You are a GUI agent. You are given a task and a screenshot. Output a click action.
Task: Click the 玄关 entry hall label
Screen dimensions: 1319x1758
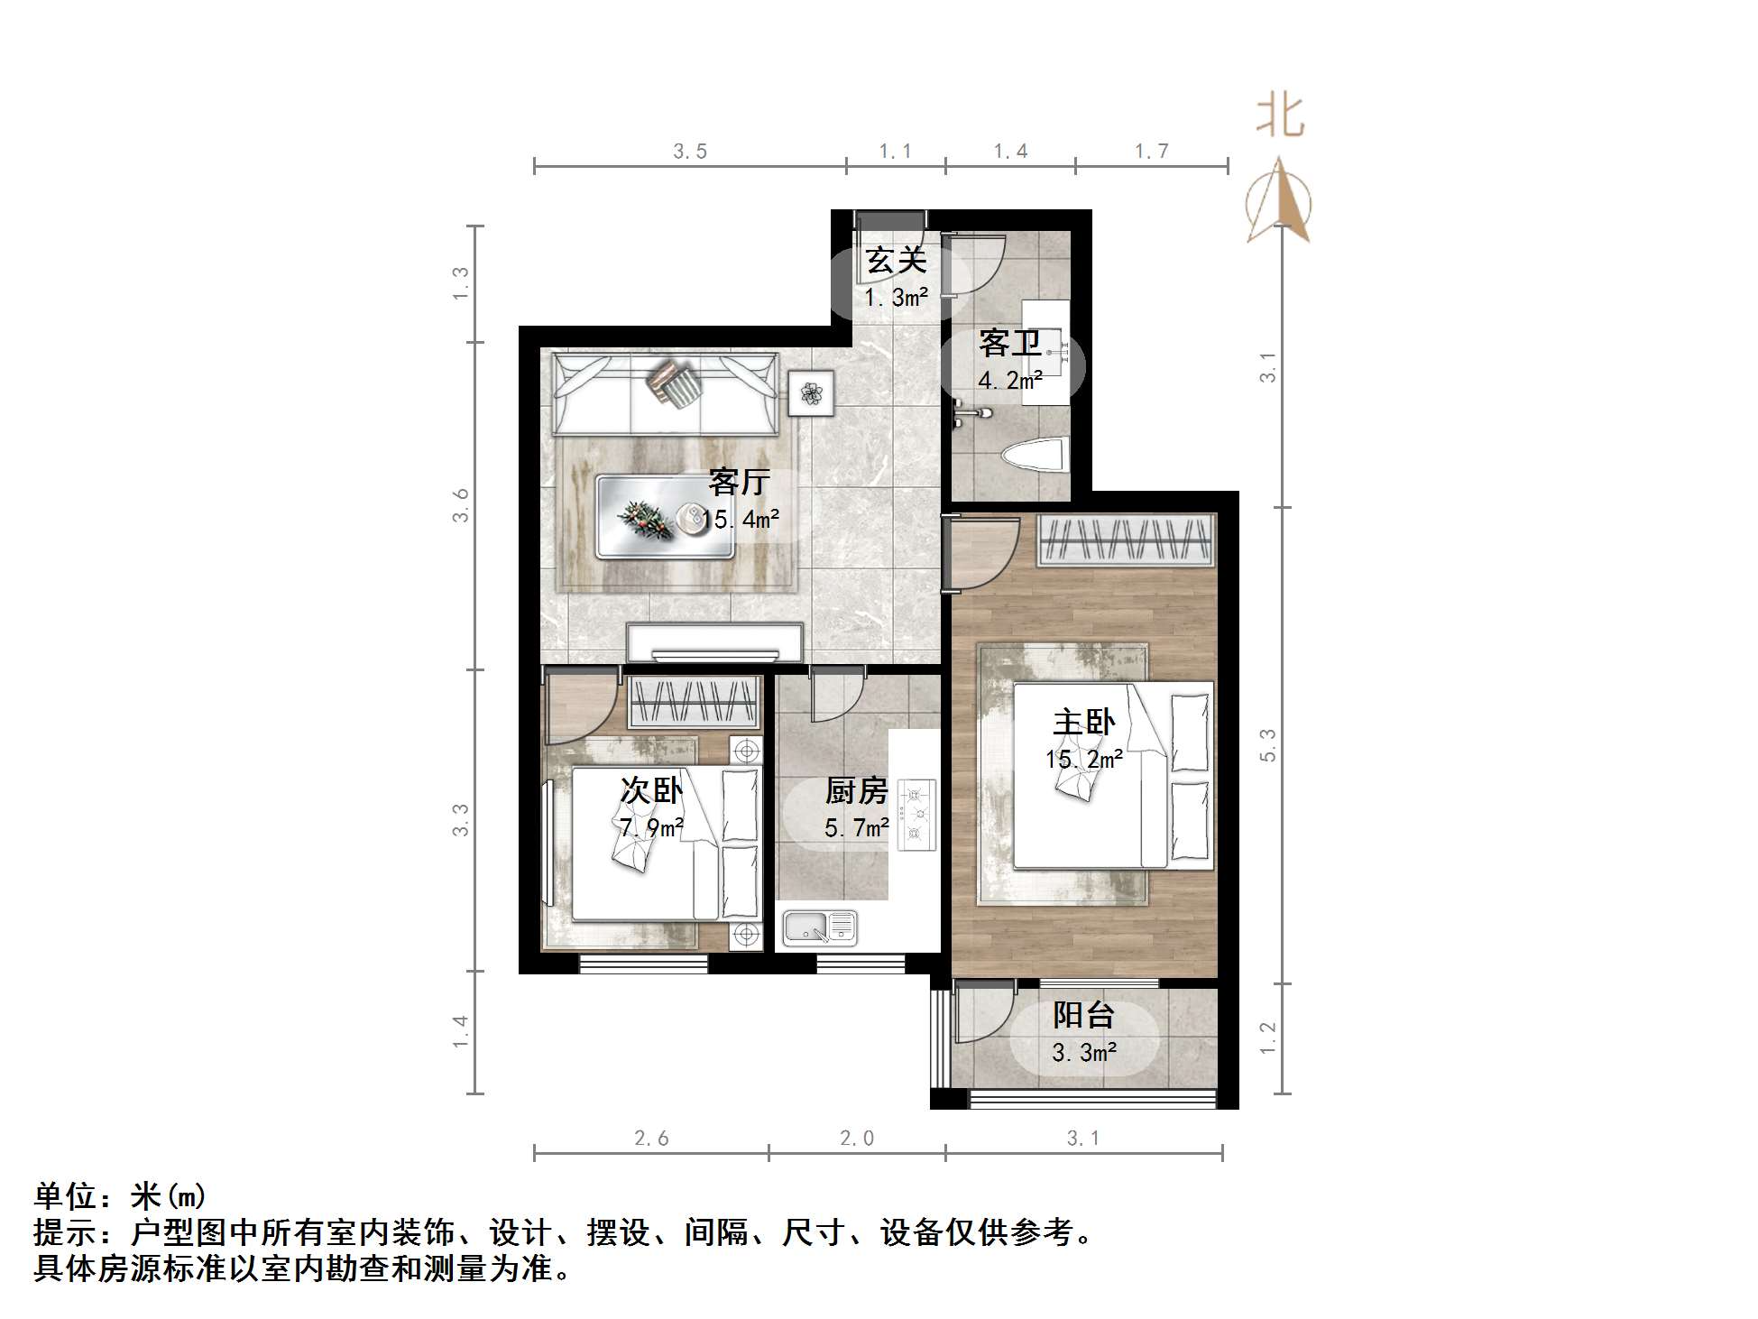tap(896, 261)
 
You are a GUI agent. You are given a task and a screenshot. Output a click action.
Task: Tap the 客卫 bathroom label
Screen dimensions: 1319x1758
tap(1009, 344)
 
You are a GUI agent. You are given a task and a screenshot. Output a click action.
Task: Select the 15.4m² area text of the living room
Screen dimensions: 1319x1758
tap(741, 520)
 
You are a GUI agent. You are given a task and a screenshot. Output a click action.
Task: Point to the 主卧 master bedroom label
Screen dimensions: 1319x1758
tap(1083, 723)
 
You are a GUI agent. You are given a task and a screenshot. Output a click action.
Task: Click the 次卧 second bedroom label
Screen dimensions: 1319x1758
tap(650, 790)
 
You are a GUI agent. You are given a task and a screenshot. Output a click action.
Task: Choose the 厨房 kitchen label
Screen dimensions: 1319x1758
tap(856, 791)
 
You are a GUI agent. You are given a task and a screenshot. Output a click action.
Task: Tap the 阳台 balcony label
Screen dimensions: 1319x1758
tap(1083, 1015)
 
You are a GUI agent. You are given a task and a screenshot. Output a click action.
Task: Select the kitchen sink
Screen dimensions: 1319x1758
tap(818, 927)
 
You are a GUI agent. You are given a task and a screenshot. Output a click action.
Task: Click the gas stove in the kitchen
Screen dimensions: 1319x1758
tap(916, 815)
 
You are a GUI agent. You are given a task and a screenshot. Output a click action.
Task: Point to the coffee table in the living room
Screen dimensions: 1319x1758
tap(665, 517)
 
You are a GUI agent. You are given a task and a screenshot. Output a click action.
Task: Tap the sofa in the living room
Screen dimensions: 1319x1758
tap(665, 394)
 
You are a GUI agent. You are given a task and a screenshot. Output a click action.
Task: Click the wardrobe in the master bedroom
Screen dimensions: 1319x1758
tap(1124, 540)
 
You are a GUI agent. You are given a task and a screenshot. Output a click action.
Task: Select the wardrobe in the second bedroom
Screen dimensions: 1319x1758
tap(694, 702)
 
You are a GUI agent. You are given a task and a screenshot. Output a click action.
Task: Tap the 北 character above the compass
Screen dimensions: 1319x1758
tap(1280, 116)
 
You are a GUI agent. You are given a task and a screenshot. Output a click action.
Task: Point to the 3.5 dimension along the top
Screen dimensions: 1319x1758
tap(690, 152)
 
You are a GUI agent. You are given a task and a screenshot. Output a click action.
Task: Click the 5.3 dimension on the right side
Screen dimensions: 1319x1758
tap(1268, 745)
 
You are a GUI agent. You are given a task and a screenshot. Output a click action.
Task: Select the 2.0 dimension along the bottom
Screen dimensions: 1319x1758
tap(856, 1139)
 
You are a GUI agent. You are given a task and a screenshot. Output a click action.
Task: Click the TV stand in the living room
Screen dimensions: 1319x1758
tap(714, 642)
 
